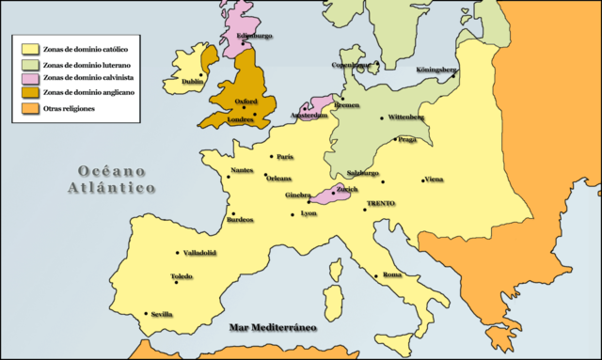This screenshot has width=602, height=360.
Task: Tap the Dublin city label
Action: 192,82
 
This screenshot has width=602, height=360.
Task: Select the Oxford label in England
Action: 246,104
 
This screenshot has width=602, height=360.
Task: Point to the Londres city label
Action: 240,119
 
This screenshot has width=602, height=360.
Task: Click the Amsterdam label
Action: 309,116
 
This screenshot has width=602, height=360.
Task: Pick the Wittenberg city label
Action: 403,117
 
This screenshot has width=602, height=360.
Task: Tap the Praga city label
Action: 406,139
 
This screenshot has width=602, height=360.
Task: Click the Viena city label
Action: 434,180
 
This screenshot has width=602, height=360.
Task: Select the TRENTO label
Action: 381,204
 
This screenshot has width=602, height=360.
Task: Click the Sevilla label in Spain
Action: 162,316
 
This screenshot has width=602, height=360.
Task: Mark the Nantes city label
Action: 242,170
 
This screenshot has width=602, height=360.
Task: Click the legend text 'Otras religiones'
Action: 77,108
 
